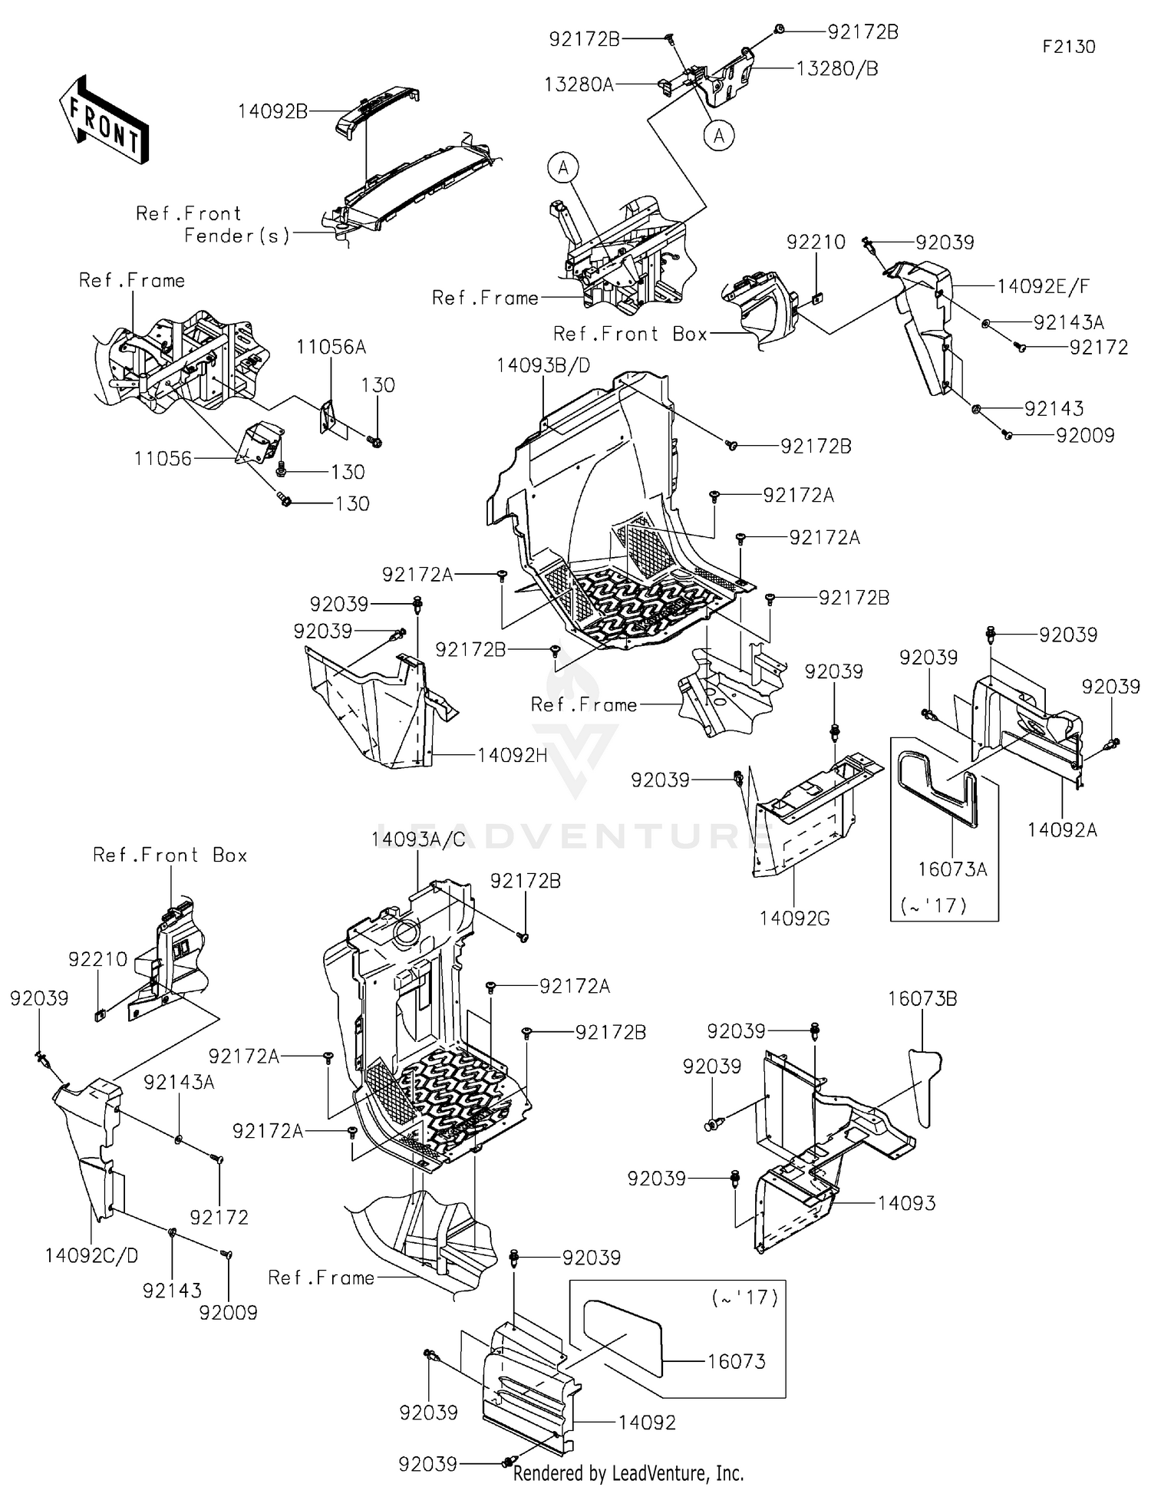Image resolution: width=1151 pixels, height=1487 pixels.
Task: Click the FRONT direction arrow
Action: (x=103, y=120)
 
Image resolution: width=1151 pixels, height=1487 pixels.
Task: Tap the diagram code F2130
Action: (x=1068, y=47)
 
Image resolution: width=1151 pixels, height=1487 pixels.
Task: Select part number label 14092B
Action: (x=272, y=111)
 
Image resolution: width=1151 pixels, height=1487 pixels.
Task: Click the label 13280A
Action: (x=579, y=84)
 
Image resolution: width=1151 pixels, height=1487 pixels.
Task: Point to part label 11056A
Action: (x=331, y=348)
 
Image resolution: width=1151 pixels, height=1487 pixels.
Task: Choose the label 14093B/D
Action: (x=543, y=366)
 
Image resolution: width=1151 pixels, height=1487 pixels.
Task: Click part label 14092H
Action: (x=512, y=755)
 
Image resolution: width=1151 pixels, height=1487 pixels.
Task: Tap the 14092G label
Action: (x=794, y=918)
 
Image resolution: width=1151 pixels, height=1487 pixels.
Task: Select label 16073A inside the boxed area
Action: (x=952, y=869)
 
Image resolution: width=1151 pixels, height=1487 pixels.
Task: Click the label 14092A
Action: (x=1062, y=829)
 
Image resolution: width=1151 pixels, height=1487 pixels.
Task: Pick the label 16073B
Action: (x=922, y=999)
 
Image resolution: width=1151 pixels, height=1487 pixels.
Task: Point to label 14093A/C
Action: (x=418, y=839)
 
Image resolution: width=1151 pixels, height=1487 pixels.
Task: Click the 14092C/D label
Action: (x=91, y=1256)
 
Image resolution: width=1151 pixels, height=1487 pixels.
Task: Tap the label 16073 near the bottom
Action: (x=736, y=1361)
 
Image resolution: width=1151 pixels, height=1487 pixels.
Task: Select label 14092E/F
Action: (x=1043, y=286)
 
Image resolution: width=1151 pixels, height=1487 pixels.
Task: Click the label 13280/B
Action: (x=836, y=68)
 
